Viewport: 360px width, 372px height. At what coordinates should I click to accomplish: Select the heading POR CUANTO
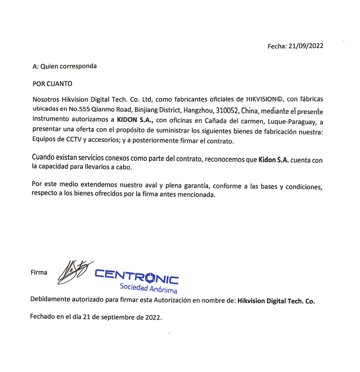(52, 83)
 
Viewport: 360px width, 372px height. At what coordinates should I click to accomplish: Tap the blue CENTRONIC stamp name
(137, 277)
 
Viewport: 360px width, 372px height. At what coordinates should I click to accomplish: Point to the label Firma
(39, 273)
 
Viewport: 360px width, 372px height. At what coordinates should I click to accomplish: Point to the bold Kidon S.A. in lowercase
(273, 160)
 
